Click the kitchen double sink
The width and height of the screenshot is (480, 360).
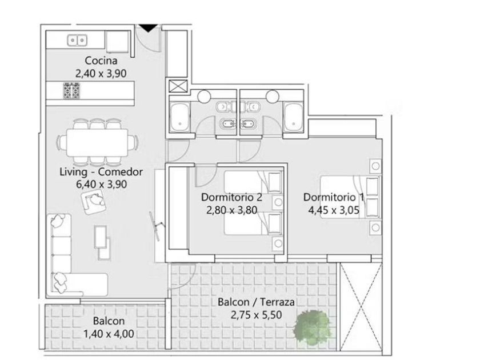[x=77, y=41]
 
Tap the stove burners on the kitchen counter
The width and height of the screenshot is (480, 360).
[x=71, y=91]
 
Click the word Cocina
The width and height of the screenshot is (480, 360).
[x=101, y=61]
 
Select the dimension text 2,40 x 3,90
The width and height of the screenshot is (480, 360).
[x=101, y=74]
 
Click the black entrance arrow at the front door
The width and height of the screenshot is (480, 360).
[x=148, y=28]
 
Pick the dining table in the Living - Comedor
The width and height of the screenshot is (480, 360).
[x=97, y=142]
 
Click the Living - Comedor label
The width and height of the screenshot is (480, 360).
[x=101, y=172]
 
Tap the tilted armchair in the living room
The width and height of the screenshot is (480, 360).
[x=94, y=201]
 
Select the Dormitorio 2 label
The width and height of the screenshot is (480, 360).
[x=231, y=197]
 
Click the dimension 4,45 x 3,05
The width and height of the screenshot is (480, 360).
[x=334, y=210]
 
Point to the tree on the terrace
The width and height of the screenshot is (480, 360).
[x=312, y=329]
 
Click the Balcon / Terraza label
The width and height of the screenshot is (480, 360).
[x=256, y=302]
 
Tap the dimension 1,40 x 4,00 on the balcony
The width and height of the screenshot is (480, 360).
[x=109, y=334]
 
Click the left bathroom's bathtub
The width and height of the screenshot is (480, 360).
[x=179, y=118]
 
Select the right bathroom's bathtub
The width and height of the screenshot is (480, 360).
[x=293, y=118]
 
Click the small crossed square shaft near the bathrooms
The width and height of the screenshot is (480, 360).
[x=178, y=86]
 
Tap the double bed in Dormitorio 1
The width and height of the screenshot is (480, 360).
[x=350, y=197]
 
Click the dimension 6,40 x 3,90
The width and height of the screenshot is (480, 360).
[x=101, y=184]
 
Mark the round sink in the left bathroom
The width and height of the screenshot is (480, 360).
[x=204, y=96]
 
